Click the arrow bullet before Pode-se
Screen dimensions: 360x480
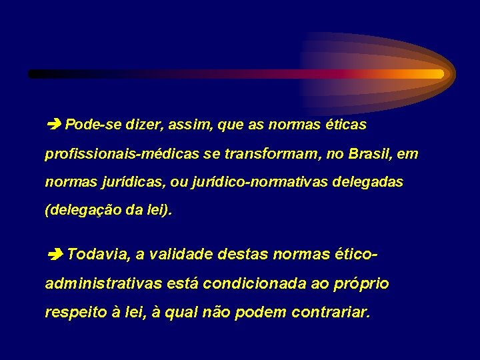click(x=55, y=125)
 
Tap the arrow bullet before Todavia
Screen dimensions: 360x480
click(x=55, y=254)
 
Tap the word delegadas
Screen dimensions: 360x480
click(x=371, y=182)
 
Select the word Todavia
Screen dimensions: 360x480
click(x=97, y=254)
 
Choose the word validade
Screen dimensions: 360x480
click(x=179, y=254)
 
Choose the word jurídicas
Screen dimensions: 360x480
click(x=129, y=182)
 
